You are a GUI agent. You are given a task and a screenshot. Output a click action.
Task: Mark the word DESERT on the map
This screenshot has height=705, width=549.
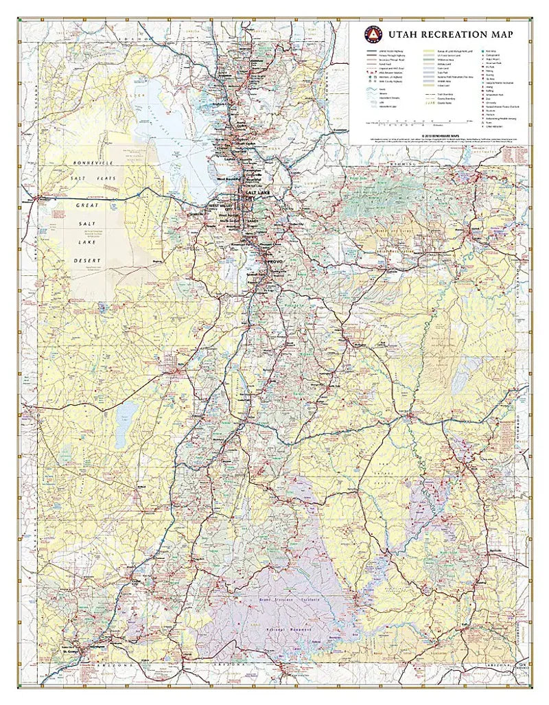pos(87,261)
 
